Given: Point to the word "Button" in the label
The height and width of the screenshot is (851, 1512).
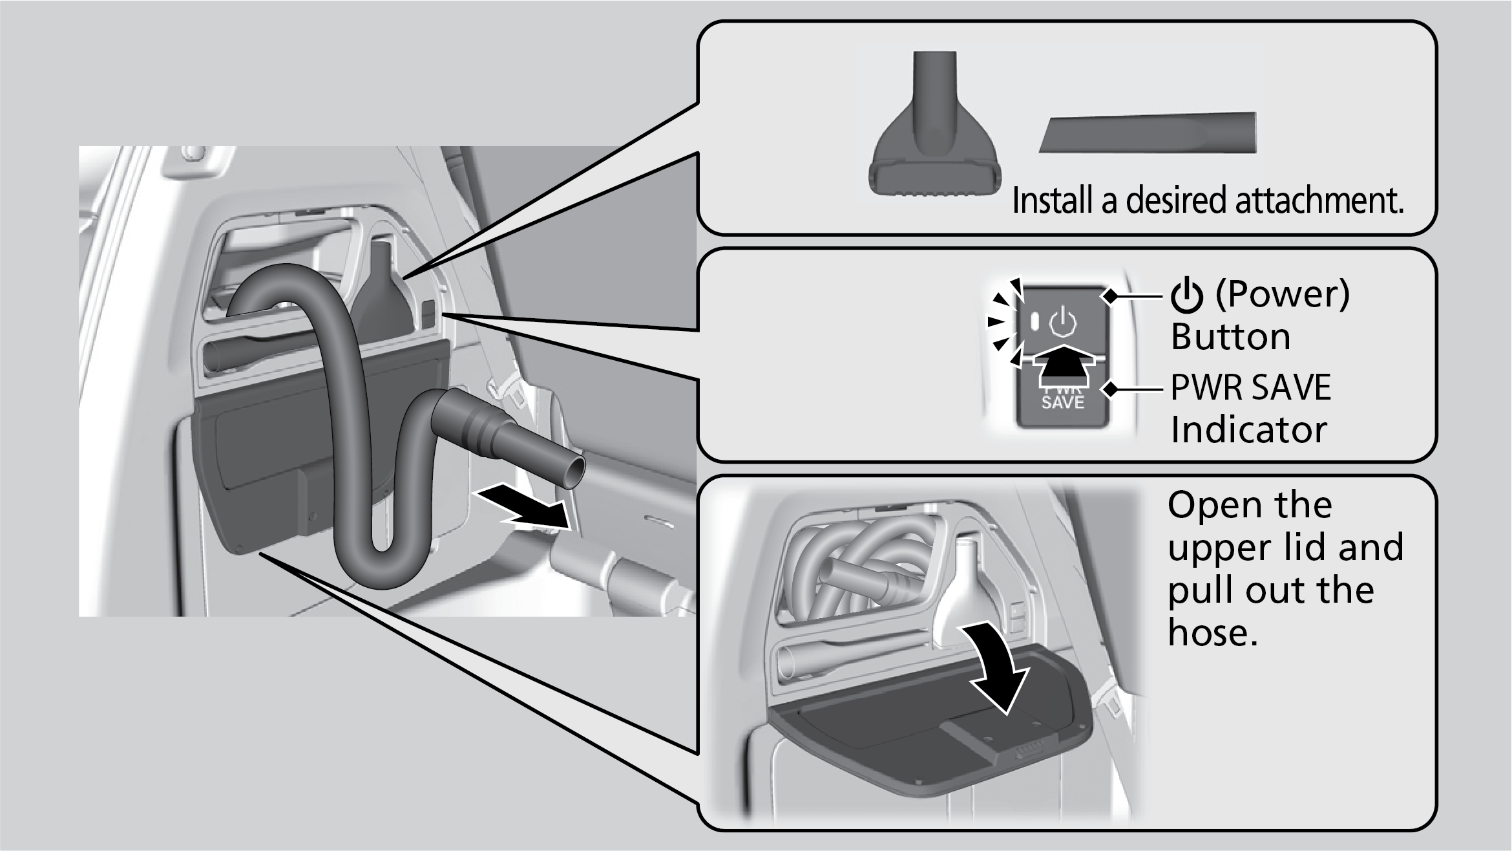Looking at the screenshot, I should tap(1230, 337).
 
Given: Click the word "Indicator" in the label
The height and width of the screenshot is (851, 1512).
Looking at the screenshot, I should tap(1248, 429).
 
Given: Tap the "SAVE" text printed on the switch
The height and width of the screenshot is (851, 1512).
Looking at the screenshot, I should tap(1063, 402).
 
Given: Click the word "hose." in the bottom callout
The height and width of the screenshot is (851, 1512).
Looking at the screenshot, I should tap(1213, 632).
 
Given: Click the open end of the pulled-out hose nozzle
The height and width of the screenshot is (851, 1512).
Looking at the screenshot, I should tap(571, 473).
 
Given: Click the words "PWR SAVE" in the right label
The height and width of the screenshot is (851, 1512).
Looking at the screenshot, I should tap(1250, 387).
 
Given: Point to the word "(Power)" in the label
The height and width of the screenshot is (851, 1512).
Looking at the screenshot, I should tap(1282, 294).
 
